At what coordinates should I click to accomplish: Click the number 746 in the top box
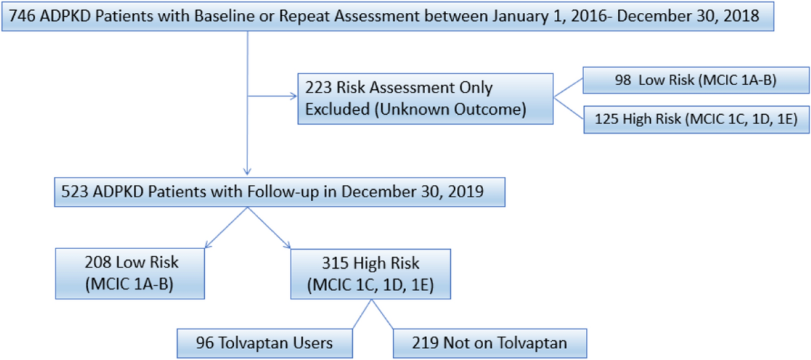click(x=22, y=16)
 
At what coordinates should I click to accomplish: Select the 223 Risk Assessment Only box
click(x=425, y=99)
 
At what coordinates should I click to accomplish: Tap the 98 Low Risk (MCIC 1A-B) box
click(x=696, y=80)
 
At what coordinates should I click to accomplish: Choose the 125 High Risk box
click(x=696, y=120)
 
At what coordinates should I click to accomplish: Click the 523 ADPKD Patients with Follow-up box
click(x=280, y=192)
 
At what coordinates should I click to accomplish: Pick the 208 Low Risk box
click(x=130, y=274)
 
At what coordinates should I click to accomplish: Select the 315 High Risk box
click(x=370, y=274)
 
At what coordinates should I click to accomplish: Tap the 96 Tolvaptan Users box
click(x=265, y=343)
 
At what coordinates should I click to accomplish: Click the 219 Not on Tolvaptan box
click(x=490, y=343)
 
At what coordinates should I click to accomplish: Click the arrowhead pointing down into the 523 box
click(x=247, y=172)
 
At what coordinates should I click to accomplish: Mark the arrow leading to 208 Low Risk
click(x=226, y=228)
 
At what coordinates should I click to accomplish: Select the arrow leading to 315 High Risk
click(x=269, y=228)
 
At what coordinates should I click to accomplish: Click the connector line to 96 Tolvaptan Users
click(x=362, y=314)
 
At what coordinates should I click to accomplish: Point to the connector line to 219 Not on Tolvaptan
click(x=383, y=314)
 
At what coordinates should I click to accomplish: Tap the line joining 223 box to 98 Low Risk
click(x=568, y=88)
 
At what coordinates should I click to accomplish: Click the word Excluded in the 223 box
click(x=337, y=109)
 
